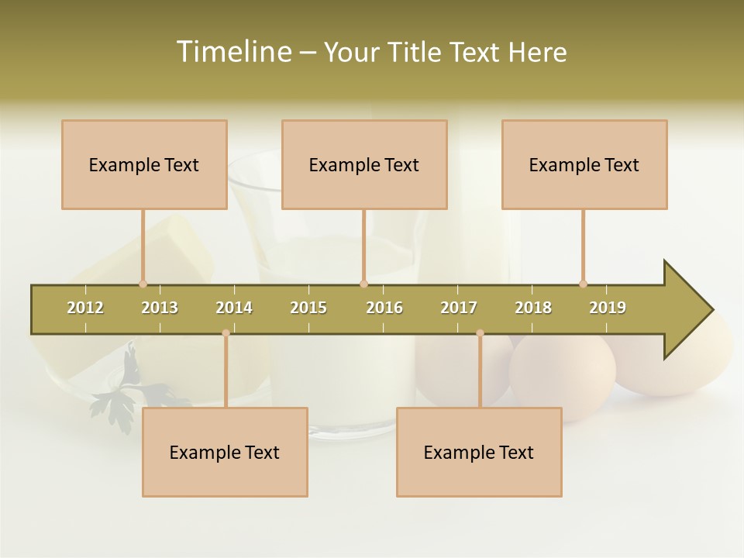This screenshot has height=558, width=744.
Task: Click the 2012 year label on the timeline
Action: pyautogui.click(x=85, y=308)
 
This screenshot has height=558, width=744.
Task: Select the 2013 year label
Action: pyautogui.click(x=160, y=308)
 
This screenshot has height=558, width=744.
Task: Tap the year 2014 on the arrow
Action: pyautogui.click(x=234, y=308)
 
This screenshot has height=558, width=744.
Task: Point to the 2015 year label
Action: pyautogui.click(x=308, y=308)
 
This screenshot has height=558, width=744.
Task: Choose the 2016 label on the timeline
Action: pyautogui.click(x=384, y=308)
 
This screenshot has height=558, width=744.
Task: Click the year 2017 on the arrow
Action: pyautogui.click(x=459, y=308)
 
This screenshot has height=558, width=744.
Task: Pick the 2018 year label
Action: pyautogui.click(x=533, y=308)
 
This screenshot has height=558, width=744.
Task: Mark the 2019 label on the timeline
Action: pyautogui.click(x=608, y=308)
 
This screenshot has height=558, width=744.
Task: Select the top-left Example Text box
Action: pyautogui.click(x=144, y=164)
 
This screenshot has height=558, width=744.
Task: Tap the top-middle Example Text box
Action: pyautogui.click(x=364, y=164)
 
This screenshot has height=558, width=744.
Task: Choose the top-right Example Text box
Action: pyautogui.click(x=584, y=164)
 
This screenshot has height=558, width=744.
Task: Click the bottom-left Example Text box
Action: pyautogui.click(x=225, y=452)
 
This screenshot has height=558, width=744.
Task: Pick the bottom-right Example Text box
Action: pyautogui.click(x=479, y=452)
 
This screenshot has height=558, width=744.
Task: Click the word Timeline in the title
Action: pyautogui.click(x=232, y=52)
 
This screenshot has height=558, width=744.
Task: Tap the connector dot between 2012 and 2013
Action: pyautogui.click(x=143, y=284)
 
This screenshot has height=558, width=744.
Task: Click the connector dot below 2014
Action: pyautogui.click(x=226, y=333)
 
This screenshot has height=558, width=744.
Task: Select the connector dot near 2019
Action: pyautogui.click(x=583, y=284)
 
